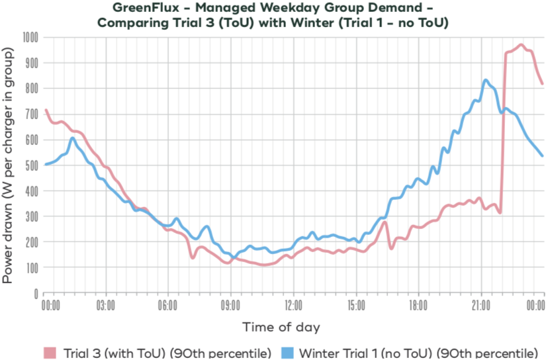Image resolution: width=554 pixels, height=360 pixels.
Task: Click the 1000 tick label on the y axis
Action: point(28,37)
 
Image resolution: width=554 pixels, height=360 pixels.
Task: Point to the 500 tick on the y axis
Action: point(30,165)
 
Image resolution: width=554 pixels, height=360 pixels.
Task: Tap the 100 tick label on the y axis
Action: point(30,267)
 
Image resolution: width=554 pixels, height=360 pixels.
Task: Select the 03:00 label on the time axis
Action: point(106,306)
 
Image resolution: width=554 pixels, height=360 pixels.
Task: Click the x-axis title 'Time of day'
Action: point(281,327)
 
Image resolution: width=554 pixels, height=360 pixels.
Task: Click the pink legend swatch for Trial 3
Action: point(51,351)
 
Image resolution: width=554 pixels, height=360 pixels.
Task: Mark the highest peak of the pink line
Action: point(522,45)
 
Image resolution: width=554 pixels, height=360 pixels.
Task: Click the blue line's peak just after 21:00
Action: point(486,80)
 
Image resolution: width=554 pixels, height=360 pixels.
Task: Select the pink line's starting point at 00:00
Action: point(44,110)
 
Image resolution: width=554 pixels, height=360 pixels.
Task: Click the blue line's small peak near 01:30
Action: point(73,138)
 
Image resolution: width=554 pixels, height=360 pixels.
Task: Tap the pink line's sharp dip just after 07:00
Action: point(193,257)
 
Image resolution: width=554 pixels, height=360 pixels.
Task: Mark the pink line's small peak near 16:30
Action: point(385,222)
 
